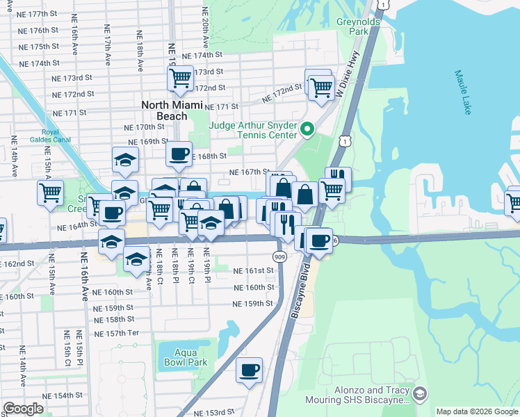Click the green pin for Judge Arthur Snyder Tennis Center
tap(307, 128)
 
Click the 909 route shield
tap(279, 257)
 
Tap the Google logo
tap(24, 408)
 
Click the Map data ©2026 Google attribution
tap(476, 411)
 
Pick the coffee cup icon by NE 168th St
tap(179, 153)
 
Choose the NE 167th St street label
tap(249, 172)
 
